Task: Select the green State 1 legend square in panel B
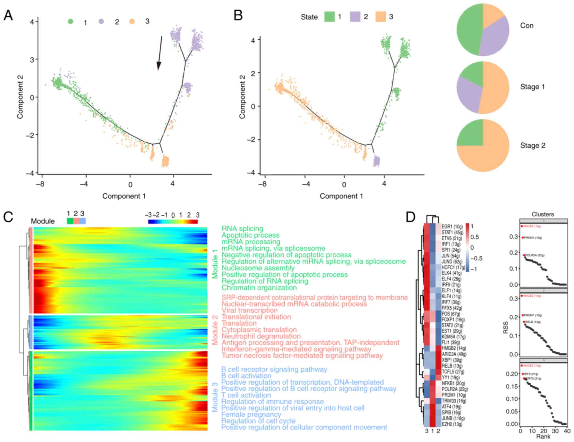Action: (x=329, y=17)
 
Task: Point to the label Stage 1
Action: (x=532, y=87)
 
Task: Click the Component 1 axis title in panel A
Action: (x=124, y=196)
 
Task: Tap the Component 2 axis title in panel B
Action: (x=242, y=96)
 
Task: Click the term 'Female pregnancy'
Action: (x=251, y=414)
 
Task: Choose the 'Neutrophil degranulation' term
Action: (x=261, y=336)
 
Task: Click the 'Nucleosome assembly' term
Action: (x=258, y=268)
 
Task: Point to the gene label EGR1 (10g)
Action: (x=452, y=227)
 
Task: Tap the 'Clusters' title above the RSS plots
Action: (x=543, y=214)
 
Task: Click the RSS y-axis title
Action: (x=506, y=327)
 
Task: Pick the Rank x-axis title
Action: (x=543, y=437)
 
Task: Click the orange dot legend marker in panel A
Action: (x=132, y=21)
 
